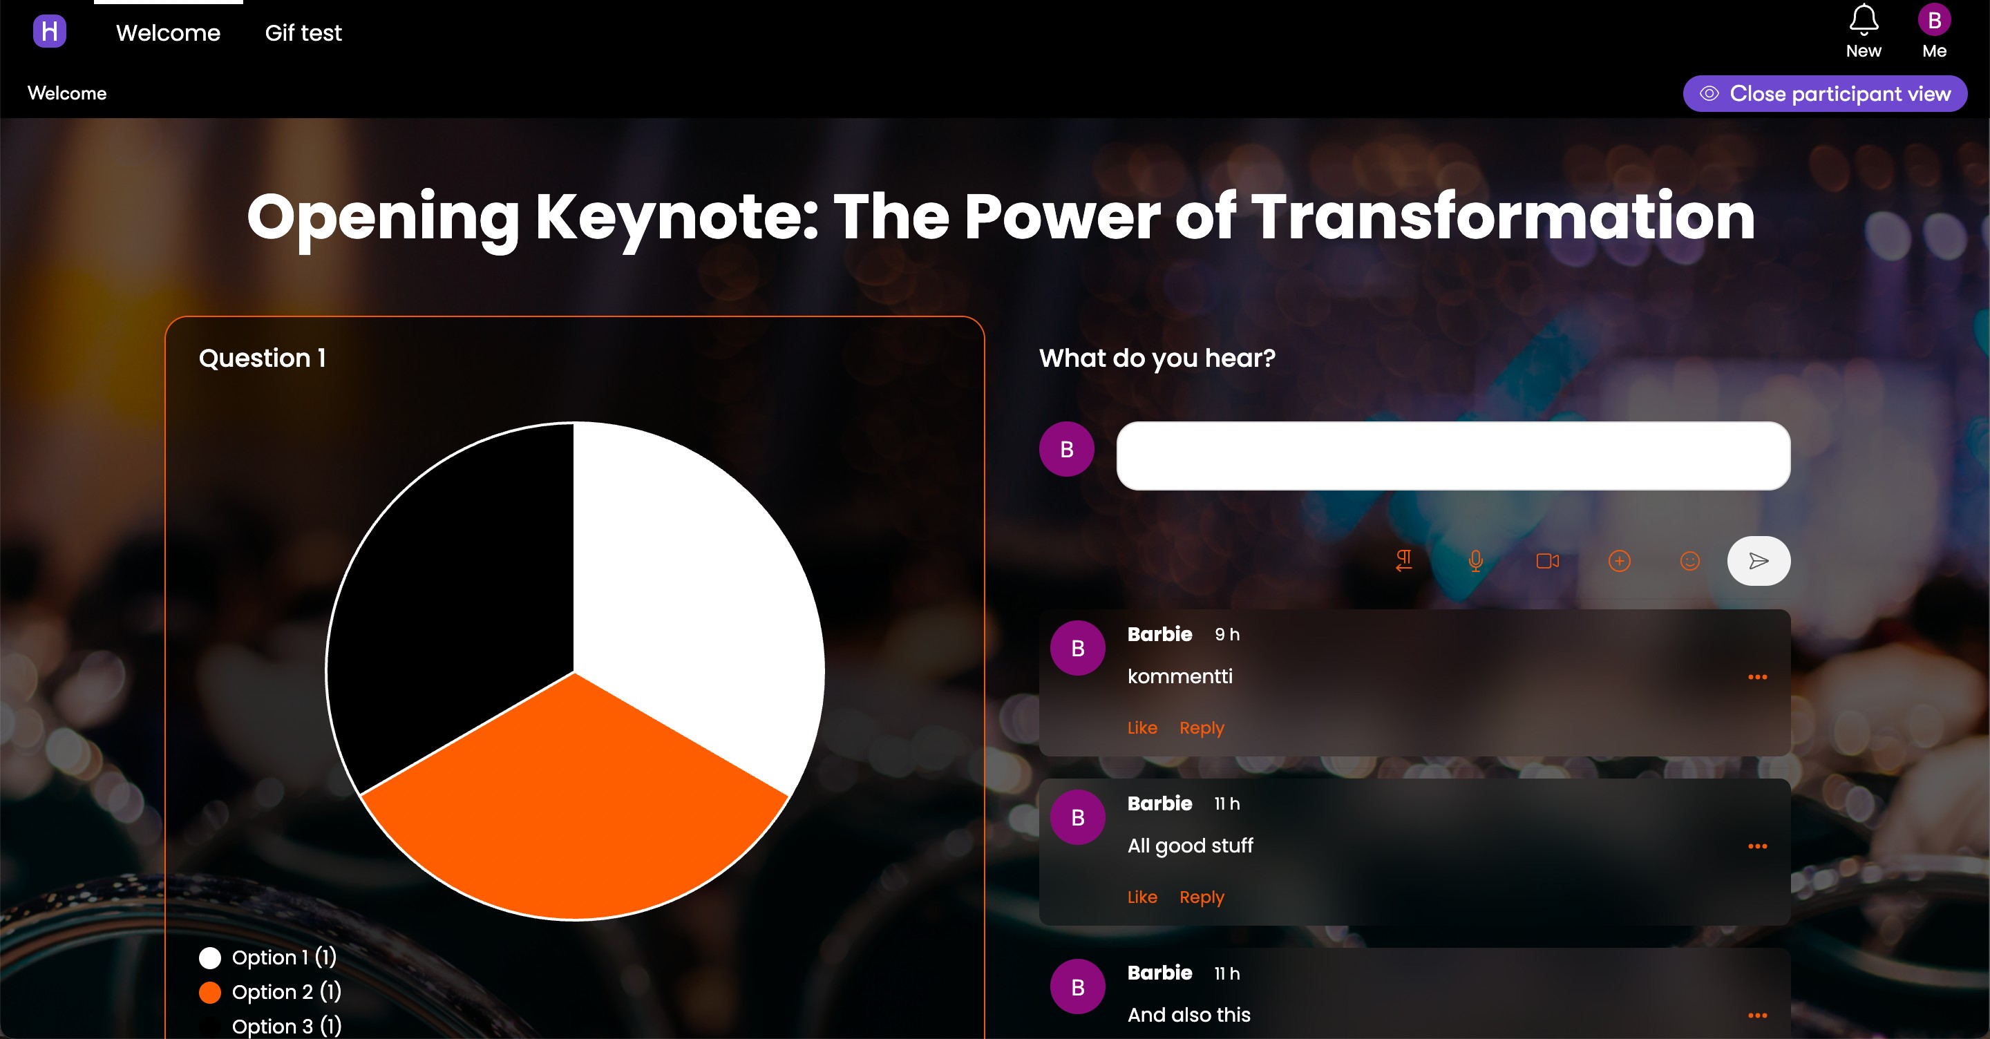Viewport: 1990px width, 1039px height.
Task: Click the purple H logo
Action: coord(50,31)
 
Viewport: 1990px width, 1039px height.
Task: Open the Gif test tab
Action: coord(303,32)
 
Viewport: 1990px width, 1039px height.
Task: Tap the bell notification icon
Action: coord(1864,19)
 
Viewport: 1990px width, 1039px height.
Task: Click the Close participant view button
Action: coord(1825,93)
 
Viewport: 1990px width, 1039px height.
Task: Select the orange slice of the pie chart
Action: coord(575,803)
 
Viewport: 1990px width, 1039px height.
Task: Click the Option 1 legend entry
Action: coord(268,957)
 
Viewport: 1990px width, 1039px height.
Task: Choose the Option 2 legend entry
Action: coord(270,992)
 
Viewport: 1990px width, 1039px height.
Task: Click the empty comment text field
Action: coord(1453,456)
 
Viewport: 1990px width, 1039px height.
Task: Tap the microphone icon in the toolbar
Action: coord(1475,561)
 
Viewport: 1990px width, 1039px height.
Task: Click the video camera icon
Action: coord(1547,561)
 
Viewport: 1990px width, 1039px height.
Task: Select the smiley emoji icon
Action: coord(1690,561)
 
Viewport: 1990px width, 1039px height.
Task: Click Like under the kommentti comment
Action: coord(1141,727)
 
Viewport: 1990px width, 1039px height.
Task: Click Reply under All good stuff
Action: coord(1202,897)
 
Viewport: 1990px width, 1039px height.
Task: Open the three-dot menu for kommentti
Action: coord(1757,677)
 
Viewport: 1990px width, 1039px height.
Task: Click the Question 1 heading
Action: coord(262,358)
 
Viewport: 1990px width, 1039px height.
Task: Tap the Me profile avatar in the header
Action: coord(1935,20)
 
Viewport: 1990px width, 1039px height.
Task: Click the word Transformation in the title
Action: coord(1504,217)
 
